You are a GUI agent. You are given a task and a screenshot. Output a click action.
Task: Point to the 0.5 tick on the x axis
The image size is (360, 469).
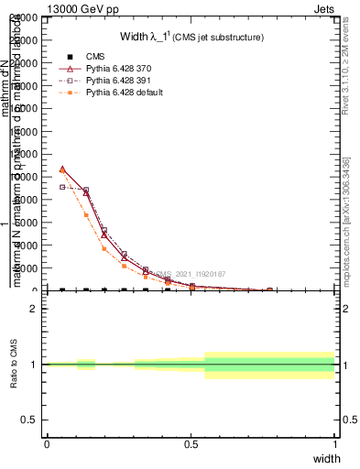tap(191, 445)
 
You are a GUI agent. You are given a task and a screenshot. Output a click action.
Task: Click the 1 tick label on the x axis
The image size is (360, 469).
tap(334, 445)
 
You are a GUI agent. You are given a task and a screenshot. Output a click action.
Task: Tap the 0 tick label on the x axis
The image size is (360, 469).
tap(47, 445)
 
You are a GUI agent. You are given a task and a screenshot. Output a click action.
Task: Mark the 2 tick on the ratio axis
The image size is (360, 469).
tap(34, 309)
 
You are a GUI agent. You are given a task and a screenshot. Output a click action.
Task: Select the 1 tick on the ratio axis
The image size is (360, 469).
tap(34, 365)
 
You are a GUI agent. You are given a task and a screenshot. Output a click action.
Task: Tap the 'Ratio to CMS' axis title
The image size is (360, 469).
tap(15, 365)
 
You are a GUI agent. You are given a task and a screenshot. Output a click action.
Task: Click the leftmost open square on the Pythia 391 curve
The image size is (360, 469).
tap(62, 187)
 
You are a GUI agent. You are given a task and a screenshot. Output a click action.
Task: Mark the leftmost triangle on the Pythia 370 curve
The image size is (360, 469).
tap(62, 169)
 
